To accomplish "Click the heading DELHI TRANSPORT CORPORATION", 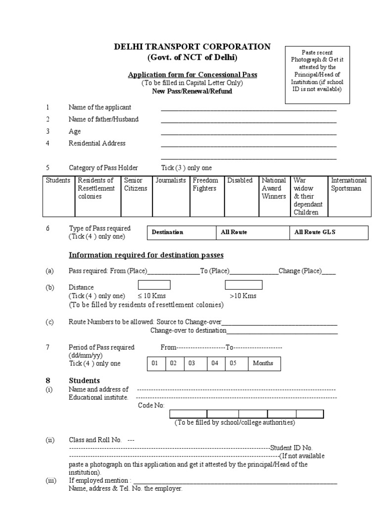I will click(x=192, y=47).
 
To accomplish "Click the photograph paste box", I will click(x=317, y=74).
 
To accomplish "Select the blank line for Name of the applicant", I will click(x=248, y=108).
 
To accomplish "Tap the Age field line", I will click(x=248, y=132).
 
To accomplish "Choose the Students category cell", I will click(x=58, y=196).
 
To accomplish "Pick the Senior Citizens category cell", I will click(x=136, y=196).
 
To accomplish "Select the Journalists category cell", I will click(x=170, y=196).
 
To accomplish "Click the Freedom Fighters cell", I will click(x=207, y=196).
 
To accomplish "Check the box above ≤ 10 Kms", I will click(x=154, y=285).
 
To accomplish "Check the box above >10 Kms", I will click(x=243, y=285).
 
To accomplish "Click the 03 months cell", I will click(x=195, y=363).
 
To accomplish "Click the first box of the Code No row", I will click(x=188, y=414).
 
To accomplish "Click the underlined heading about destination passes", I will click(x=146, y=255).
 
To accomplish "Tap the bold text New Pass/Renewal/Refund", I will click(x=192, y=91).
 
